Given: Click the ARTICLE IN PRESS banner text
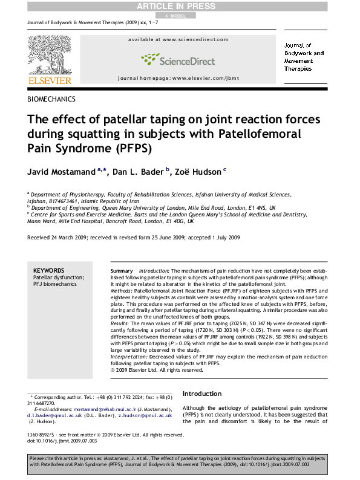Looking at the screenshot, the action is (x=179, y=5).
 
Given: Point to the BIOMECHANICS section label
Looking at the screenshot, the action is (x=51, y=99).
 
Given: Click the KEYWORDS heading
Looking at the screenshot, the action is (x=48, y=270).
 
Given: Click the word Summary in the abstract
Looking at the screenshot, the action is (x=122, y=270).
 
